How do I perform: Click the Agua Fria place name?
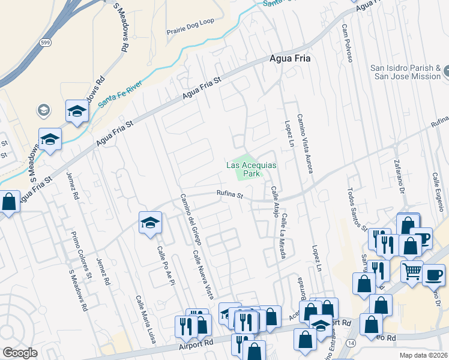287,61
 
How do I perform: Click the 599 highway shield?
45,42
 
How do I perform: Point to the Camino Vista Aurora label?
304,144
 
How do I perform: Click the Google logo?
19,353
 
